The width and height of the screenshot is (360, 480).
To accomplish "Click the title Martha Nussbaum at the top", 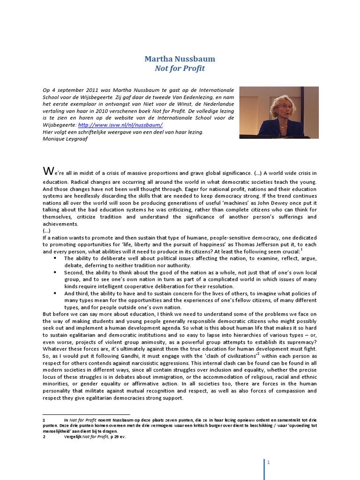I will (x=180, y=59).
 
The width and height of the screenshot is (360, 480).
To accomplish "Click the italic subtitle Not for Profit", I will (x=180, y=68).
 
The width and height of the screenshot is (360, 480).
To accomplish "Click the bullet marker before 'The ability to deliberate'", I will (x=55, y=258).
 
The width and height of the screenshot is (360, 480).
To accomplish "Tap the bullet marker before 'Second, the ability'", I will (x=55, y=272).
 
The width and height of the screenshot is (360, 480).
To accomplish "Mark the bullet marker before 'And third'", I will (x=55, y=293).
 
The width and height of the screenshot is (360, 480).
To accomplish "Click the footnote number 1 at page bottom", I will (x=44, y=420).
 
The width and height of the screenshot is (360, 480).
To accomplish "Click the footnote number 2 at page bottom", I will (x=44, y=437).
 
